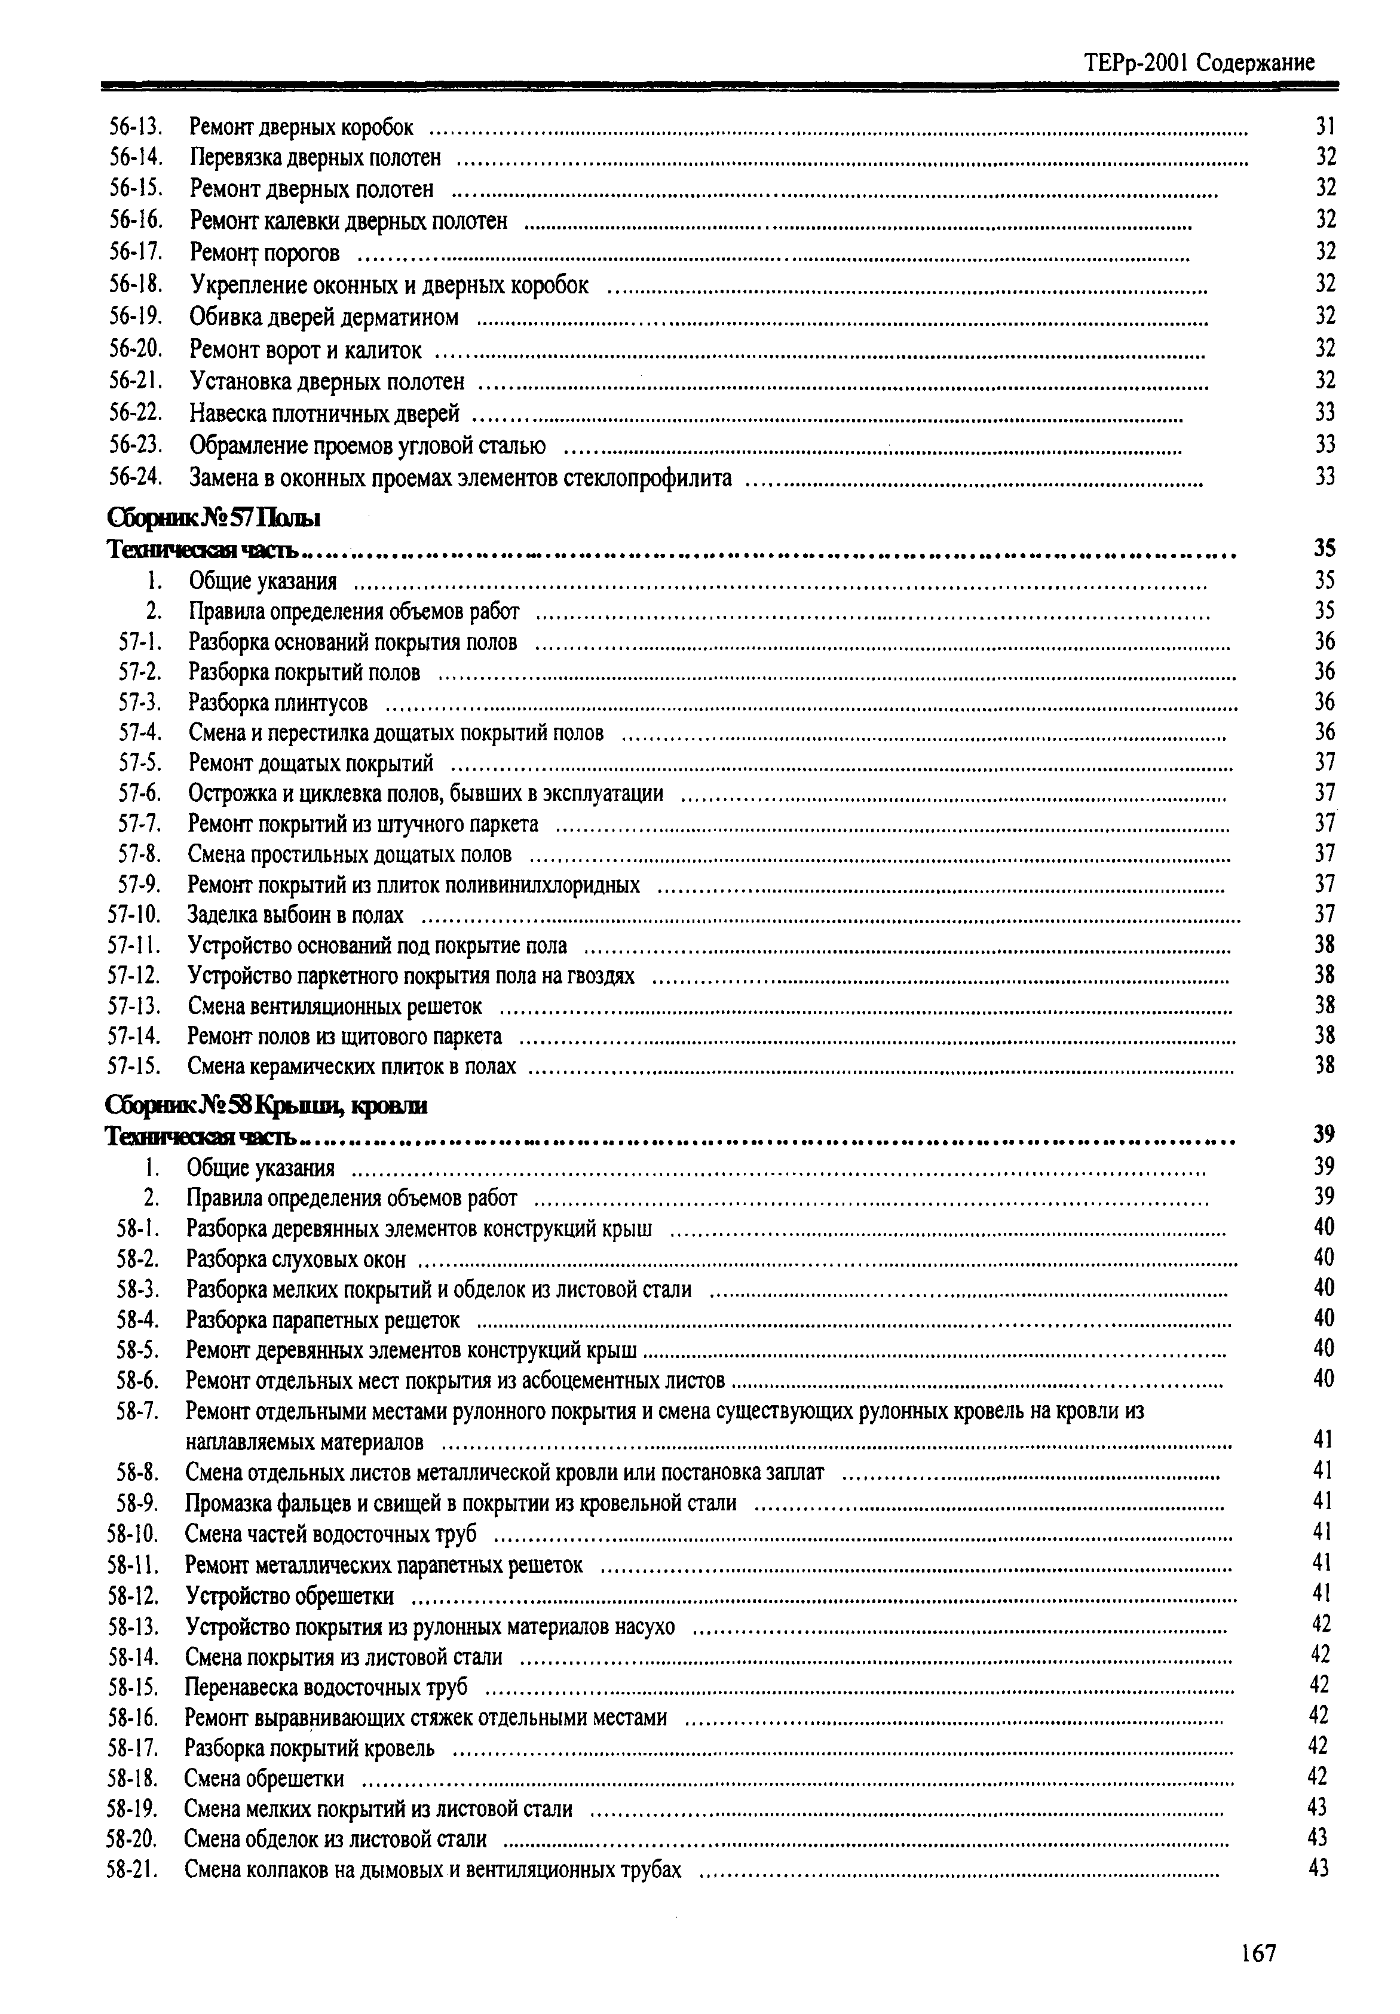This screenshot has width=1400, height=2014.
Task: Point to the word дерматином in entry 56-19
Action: pyautogui.click(x=408, y=317)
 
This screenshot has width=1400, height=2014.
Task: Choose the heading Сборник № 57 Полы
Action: pyautogui.click(x=213, y=519)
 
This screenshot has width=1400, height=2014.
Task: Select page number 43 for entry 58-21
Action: pyautogui.click(x=1318, y=1869)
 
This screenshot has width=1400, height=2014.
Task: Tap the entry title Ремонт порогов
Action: pyautogui.click(x=264, y=253)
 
